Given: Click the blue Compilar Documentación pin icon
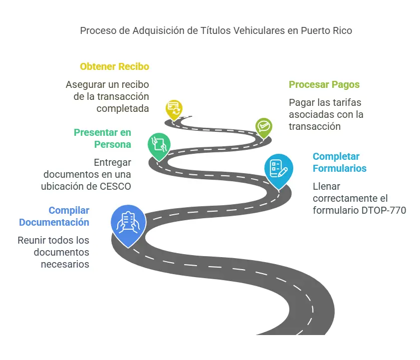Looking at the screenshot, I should [129, 222].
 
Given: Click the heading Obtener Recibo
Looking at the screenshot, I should [114, 66].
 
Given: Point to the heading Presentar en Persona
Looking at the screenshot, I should [103, 138].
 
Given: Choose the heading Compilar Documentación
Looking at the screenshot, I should [54, 216].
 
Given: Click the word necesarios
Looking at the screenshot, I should [65, 264].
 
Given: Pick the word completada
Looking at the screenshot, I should [123, 108].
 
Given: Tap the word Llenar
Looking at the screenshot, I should [326, 186].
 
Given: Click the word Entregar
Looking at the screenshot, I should [112, 162].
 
